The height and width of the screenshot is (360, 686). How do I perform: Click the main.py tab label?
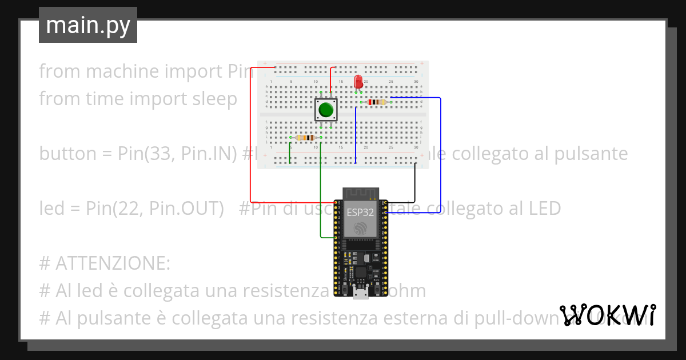pos(88,25)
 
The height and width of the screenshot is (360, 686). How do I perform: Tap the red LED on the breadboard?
pos(358,81)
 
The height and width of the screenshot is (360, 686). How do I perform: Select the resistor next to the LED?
pos(377,102)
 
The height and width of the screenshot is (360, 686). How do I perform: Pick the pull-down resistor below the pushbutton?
pos(304,138)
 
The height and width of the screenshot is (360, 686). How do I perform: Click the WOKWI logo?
pos(607,315)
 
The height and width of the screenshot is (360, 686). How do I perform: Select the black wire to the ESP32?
pos(414,183)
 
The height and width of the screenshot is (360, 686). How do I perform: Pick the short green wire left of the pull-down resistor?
pos(290,150)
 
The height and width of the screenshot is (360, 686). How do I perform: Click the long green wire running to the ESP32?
pos(320,189)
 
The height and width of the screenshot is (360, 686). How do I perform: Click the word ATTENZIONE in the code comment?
pos(113,263)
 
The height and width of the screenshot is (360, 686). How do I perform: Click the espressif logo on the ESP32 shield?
pos(361,228)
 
